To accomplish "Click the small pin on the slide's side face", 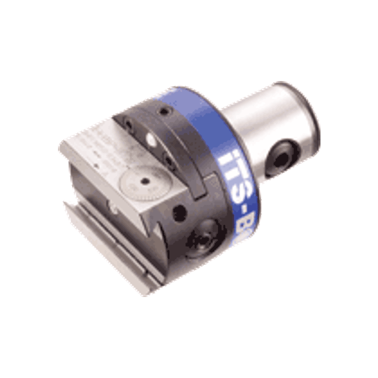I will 113,204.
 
